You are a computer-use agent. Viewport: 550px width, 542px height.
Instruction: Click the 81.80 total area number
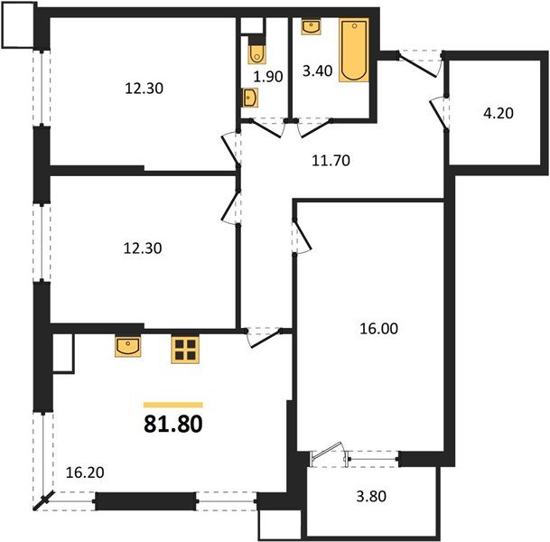click(x=173, y=423)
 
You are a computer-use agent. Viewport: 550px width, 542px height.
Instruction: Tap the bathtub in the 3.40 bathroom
click(x=353, y=51)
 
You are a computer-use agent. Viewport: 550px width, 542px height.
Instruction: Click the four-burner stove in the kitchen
click(x=184, y=350)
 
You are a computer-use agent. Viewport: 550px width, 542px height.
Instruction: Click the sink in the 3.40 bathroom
click(x=312, y=26)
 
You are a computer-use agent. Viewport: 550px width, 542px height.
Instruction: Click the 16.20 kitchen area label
click(x=86, y=471)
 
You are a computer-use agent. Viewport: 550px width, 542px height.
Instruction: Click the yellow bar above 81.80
click(x=173, y=405)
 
